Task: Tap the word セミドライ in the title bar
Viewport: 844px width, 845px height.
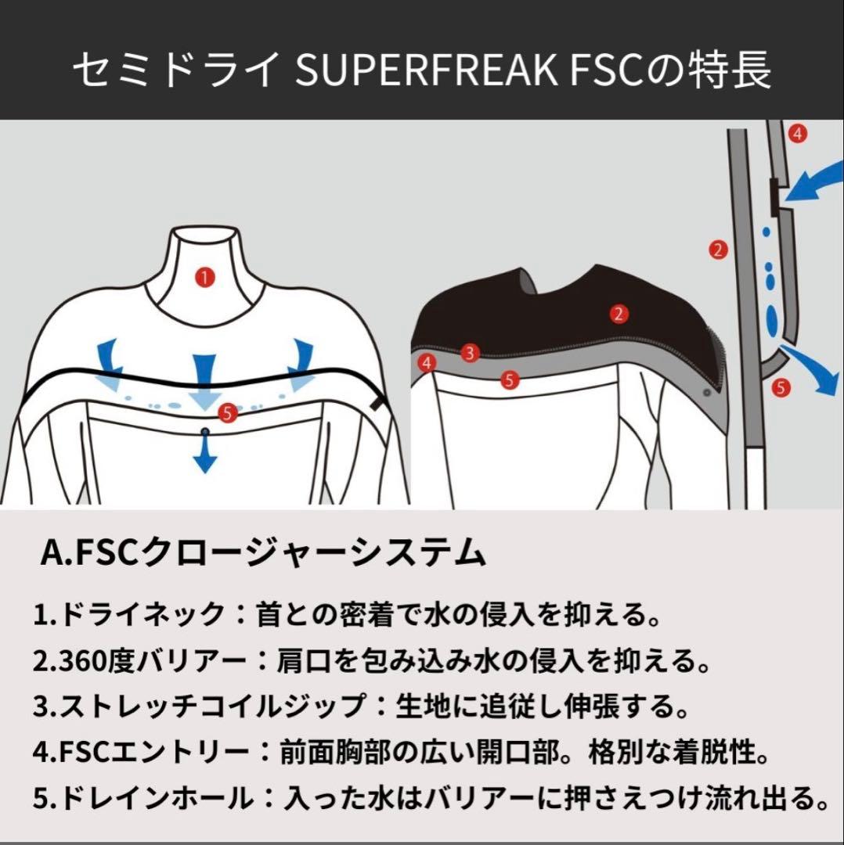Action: pyautogui.click(x=176, y=71)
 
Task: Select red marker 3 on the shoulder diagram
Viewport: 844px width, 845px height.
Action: pyautogui.click(x=470, y=353)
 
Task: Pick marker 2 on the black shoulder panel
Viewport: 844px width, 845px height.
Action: pyautogui.click(x=619, y=315)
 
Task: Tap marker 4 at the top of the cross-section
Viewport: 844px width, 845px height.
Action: pyautogui.click(x=797, y=134)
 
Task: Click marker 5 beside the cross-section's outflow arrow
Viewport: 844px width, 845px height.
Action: pyautogui.click(x=780, y=387)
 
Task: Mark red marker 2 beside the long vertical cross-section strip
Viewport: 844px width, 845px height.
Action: pyautogui.click(x=717, y=250)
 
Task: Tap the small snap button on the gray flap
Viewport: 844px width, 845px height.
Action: pyautogui.click(x=707, y=390)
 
